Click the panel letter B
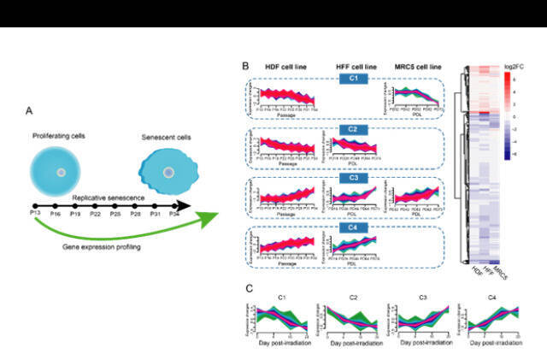pos(246,65)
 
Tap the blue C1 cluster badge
pos(352,80)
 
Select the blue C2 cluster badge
pos(352,129)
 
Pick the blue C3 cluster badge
pos(352,178)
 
